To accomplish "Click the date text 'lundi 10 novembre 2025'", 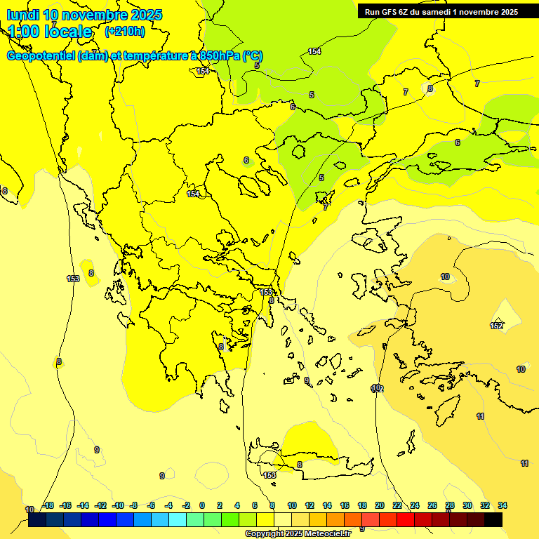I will pos(84,15).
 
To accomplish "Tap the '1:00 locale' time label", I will pos(51,32).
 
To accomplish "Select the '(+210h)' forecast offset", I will pos(124,32).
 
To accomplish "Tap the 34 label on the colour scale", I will pos(503,505).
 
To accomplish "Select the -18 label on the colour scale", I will pos(48,505).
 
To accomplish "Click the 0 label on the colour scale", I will pos(202,505).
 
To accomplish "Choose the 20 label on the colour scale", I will pos(380,505).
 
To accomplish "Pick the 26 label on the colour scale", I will pos(432,505).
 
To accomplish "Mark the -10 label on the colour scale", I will pos(118,505).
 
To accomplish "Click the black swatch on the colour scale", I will pos(493,519).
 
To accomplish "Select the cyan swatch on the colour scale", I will pos(178,519).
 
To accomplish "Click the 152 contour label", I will pos(496,326).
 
